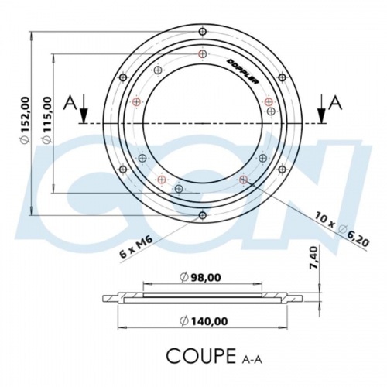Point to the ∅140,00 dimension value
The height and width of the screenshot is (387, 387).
tap(203, 320)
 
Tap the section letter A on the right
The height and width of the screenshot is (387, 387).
tap(335, 102)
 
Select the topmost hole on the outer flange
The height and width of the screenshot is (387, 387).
tap(203, 32)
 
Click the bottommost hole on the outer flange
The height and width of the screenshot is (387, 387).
tap(203, 214)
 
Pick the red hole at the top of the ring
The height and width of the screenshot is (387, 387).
tap(203, 54)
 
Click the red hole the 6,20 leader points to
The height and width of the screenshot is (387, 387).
tap(243, 180)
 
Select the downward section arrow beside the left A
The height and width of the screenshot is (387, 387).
tap(84, 111)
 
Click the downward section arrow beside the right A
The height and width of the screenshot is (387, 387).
tap(320, 111)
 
